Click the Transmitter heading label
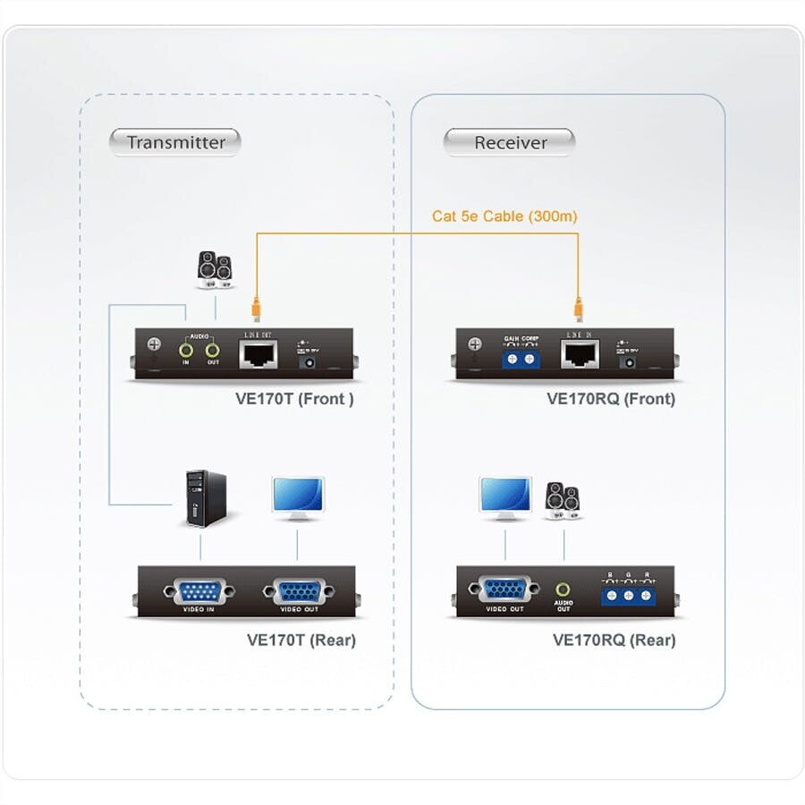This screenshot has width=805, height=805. [175, 142]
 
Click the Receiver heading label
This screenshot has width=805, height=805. [510, 142]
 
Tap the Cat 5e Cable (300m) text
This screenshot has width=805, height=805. [504, 216]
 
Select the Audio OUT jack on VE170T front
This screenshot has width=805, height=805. [213, 351]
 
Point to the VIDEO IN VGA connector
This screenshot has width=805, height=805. [198, 591]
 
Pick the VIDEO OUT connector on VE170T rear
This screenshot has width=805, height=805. [298, 591]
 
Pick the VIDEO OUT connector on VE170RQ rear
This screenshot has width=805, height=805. [505, 589]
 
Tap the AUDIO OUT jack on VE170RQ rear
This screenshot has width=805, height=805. [563, 590]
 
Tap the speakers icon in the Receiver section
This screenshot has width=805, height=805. [563, 500]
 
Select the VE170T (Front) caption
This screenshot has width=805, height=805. [288, 399]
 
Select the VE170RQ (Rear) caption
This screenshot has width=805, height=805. [614, 640]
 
